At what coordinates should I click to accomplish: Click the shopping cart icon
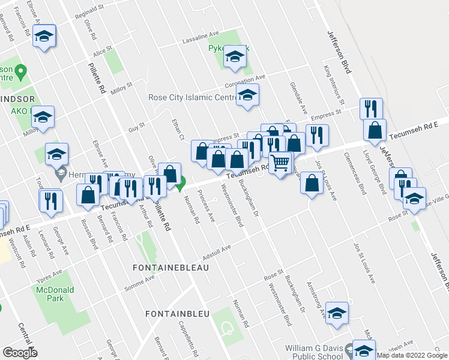pos(280,163)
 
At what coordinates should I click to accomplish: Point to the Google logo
pos(20,353)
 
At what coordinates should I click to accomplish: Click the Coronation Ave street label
pos(245,81)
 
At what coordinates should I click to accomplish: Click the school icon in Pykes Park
pos(234,58)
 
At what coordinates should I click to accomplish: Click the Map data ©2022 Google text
pos(412,355)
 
